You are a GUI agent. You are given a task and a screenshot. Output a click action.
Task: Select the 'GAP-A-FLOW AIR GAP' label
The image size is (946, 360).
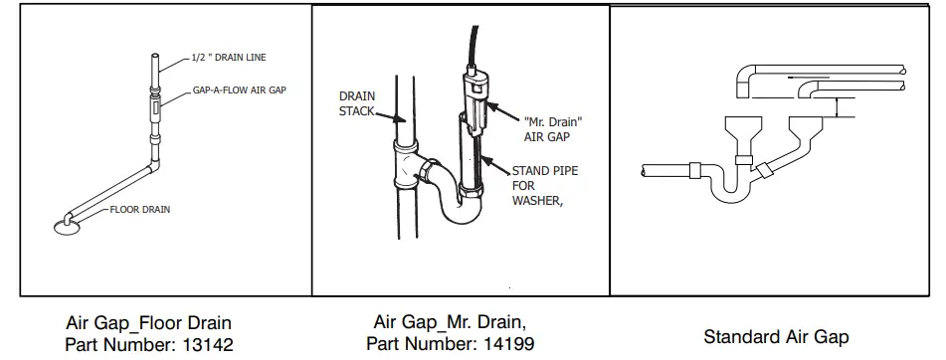[240, 90]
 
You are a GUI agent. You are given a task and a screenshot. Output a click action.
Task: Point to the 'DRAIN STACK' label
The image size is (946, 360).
[356, 103]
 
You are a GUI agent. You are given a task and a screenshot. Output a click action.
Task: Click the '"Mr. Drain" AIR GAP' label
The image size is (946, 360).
[552, 129]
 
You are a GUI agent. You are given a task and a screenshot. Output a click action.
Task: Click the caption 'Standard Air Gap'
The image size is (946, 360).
[776, 337]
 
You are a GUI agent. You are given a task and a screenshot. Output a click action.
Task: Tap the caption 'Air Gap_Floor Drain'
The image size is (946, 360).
[148, 323]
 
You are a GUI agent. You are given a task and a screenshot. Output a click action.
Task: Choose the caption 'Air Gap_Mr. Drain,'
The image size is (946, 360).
[451, 323]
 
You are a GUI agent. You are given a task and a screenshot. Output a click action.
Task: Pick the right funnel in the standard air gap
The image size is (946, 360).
[808, 129]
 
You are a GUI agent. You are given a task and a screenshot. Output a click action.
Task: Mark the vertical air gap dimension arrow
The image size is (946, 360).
[838, 108]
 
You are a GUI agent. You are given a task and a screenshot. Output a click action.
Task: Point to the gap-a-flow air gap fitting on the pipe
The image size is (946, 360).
[155, 102]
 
